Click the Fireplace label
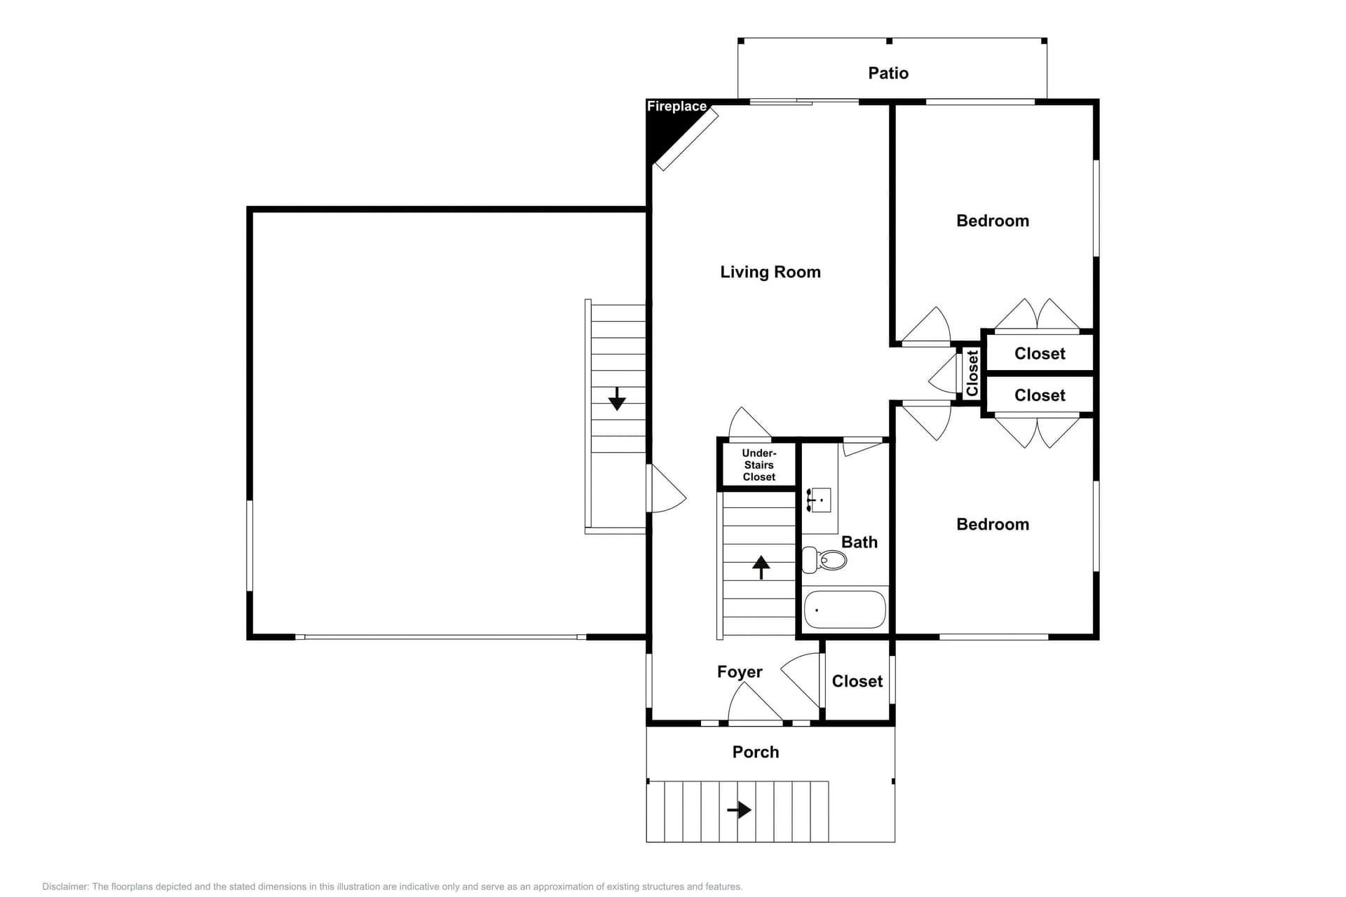click(x=677, y=107)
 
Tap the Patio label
click(x=888, y=73)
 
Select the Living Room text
click(x=770, y=272)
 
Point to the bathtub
click(x=845, y=610)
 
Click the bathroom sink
click(x=820, y=500)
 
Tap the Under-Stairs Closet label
click(x=759, y=465)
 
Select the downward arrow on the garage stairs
click(x=617, y=399)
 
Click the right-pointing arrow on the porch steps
click(x=739, y=810)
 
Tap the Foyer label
click(x=739, y=672)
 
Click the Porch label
click(x=755, y=752)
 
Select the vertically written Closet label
click(x=972, y=374)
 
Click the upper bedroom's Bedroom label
click(x=992, y=221)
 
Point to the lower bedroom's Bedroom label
click(x=992, y=524)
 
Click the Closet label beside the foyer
click(x=857, y=681)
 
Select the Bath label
click(x=859, y=542)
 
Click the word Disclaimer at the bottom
click(x=64, y=886)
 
